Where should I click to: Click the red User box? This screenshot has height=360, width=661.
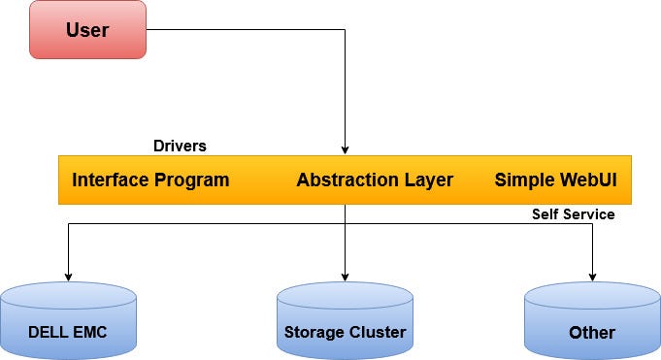pos(87,30)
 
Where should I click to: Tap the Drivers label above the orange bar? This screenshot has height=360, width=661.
pos(180,146)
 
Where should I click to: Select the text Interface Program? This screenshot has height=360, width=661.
pos(150,180)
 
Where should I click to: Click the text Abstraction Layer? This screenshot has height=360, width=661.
pos(374,180)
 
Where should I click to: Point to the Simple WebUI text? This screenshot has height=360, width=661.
pos(556,180)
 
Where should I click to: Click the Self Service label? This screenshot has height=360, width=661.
pos(573,213)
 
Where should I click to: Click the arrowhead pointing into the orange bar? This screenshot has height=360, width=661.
pos(345,148)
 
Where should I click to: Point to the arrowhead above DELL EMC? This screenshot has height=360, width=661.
pos(67,273)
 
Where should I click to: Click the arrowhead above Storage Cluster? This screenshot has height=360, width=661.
pos(345,277)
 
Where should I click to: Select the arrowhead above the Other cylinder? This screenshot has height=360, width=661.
pos(592,277)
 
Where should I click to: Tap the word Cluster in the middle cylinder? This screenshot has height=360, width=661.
pos(377,333)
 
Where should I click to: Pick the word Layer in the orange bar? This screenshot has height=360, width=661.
pos(427,180)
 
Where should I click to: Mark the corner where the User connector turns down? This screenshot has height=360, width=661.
pos(345,30)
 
